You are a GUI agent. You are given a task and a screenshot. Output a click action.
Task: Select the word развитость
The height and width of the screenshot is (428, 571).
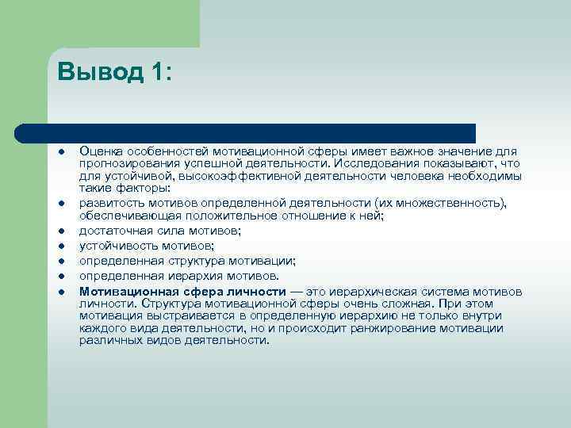[109, 203]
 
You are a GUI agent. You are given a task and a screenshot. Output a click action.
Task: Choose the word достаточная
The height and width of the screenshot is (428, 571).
[112, 231]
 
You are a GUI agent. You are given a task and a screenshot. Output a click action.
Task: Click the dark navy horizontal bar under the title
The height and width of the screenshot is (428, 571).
[246, 133]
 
